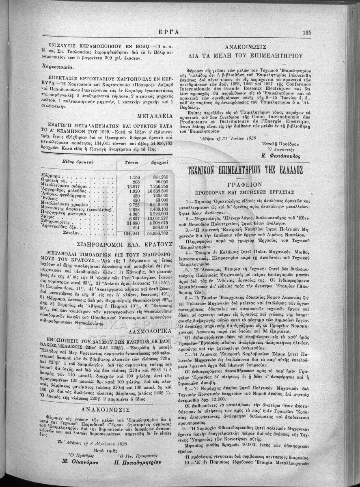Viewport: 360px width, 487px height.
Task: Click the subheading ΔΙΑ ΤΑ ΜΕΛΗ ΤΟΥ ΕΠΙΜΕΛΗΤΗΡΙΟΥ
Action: point(245,56)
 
